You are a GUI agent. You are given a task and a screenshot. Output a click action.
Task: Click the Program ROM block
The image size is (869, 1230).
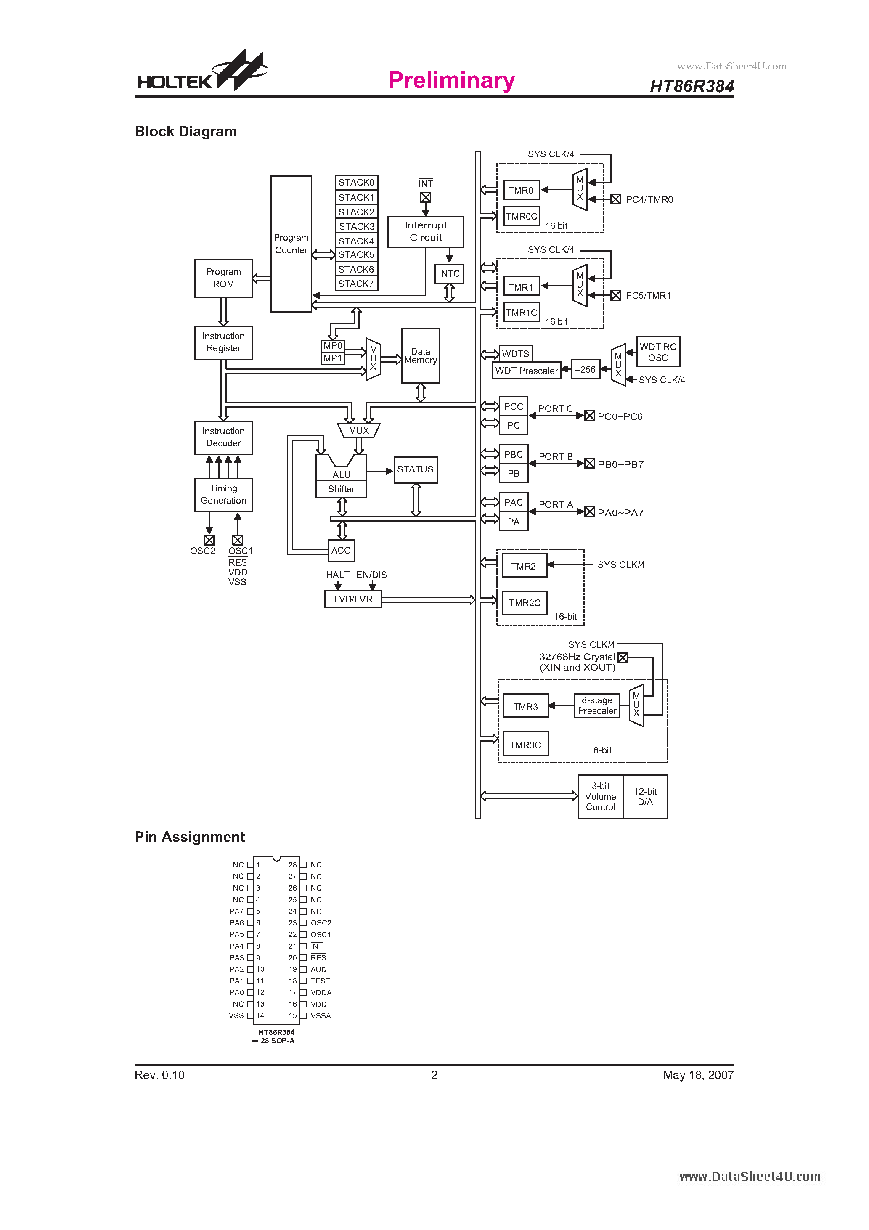pyautogui.click(x=223, y=278)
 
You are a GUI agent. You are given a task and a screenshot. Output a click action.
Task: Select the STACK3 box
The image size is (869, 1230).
pyautogui.click(x=356, y=226)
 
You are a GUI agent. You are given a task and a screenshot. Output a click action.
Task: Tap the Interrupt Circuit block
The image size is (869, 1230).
pyautogui.click(x=425, y=231)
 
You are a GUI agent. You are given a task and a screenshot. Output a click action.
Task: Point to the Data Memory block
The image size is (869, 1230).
pyautogui.click(x=421, y=356)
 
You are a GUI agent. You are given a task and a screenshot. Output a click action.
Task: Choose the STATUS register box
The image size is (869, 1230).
pyautogui.click(x=415, y=469)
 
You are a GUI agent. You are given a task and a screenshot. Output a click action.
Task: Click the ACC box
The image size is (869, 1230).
pyautogui.click(x=341, y=550)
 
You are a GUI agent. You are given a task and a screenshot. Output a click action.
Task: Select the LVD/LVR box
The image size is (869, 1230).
pyautogui.click(x=352, y=599)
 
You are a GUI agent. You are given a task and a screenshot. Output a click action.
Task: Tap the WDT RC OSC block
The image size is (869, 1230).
pyautogui.click(x=658, y=352)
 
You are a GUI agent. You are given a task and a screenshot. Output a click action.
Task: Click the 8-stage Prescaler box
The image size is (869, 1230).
pyautogui.click(x=597, y=705)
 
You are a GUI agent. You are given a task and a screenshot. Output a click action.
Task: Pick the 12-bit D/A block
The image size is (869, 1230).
pyautogui.click(x=645, y=797)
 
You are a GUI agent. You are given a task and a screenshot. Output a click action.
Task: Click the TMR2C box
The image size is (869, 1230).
pyautogui.click(x=525, y=603)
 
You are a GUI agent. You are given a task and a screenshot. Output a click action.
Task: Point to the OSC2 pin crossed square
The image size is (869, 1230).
pyautogui.click(x=209, y=540)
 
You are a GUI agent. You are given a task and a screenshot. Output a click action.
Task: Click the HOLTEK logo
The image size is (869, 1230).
pyautogui.click(x=202, y=72)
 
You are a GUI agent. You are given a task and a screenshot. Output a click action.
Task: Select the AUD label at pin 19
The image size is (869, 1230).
pyautogui.click(x=318, y=970)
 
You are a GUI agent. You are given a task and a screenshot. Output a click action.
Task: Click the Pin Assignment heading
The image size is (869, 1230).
pyautogui.click(x=190, y=837)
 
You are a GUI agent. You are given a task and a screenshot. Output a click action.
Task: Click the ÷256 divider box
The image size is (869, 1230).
pyautogui.click(x=585, y=370)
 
